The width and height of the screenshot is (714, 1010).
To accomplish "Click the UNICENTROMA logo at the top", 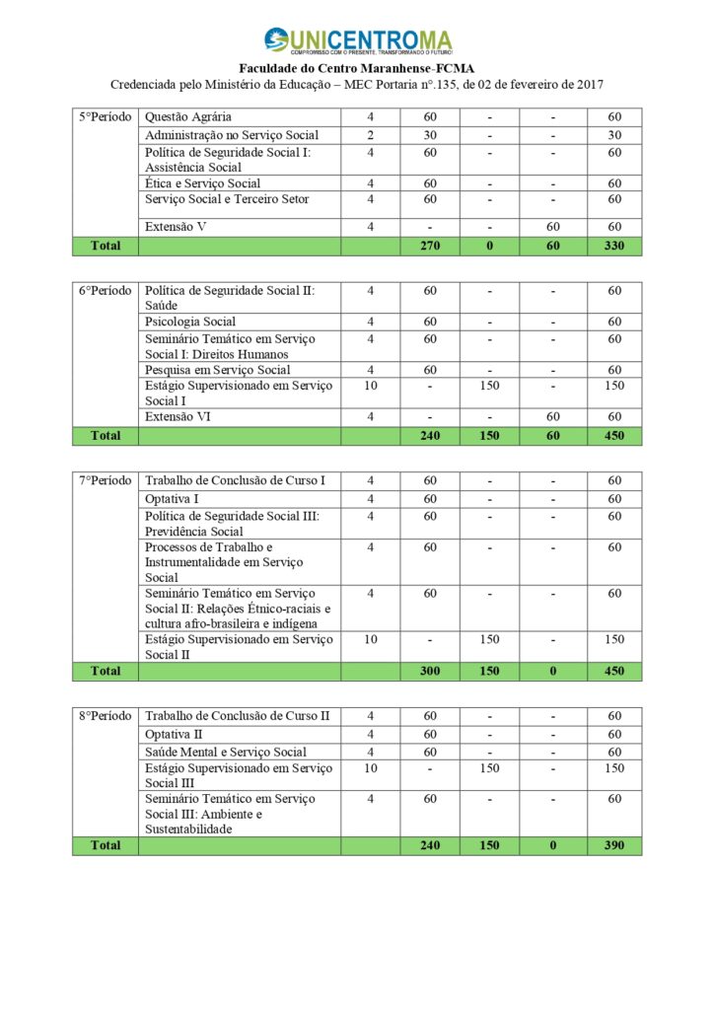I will click(x=357, y=42).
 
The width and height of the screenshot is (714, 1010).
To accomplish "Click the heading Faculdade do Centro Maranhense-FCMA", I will click(x=357, y=68).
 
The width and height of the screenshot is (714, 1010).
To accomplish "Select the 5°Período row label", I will click(x=105, y=117).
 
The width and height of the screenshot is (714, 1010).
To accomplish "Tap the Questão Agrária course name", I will click(x=188, y=117).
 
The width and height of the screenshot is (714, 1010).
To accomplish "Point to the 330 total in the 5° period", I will click(x=614, y=246).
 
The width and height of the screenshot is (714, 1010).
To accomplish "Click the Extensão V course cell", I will click(x=177, y=227).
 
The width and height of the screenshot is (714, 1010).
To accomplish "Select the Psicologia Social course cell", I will click(x=190, y=322).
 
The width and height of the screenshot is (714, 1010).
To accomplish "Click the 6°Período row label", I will click(x=105, y=291).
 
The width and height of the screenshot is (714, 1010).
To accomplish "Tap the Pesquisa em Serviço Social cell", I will click(x=217, y=370).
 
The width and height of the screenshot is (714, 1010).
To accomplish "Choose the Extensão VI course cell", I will click(x=178, y=417).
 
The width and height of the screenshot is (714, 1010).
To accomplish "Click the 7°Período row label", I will click(x=105, y=480).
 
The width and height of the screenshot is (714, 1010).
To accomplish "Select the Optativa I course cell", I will click(x=172, y=499).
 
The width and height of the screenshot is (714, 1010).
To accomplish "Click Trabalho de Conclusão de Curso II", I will click(x=237, y=716).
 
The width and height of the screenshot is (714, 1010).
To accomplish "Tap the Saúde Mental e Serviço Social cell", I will click(x=225, y=753).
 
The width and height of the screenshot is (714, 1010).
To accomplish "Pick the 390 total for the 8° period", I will click(x=614, y=846).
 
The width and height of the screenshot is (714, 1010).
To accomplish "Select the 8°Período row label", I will click(x=105, y=716).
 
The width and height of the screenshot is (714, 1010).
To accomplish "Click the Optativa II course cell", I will click(x=174, y=735).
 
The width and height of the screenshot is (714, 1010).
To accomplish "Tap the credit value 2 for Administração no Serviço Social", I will click(x=371, y=135).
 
